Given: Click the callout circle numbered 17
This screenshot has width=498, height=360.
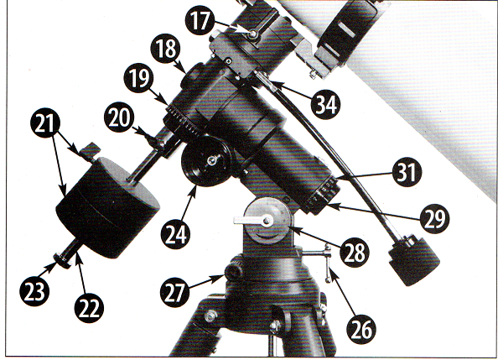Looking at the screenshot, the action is coord(200,21).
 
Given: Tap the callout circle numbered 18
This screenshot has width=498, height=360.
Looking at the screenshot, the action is coord(165,49).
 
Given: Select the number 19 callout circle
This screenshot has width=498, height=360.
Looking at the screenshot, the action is coord(139,78).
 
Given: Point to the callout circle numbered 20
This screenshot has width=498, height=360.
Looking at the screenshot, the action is coord(119,117).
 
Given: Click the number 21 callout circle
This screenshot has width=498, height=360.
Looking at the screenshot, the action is coord(45,123).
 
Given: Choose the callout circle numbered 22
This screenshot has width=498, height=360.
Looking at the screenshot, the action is coord(89,308).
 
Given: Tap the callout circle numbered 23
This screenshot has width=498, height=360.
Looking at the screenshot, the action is coord(34,291).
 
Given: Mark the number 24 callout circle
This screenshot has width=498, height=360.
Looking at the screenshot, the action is coord(175,234).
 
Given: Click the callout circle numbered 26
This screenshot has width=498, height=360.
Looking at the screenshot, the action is coord(361,330).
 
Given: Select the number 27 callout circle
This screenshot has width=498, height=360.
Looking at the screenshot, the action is coord(175,292).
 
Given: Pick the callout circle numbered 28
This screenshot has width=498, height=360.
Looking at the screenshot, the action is coord(355,253).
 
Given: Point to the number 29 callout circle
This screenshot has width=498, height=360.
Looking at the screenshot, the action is coord(435,218).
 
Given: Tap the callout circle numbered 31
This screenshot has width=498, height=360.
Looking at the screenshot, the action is coord(407,172).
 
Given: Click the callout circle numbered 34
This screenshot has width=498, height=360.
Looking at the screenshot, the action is coord(326,104).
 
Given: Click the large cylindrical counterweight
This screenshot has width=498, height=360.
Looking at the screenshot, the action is coord(107,206).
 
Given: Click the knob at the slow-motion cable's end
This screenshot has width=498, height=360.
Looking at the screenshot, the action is coord(414,259).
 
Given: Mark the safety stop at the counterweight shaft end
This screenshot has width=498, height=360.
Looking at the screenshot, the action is coord(62,260).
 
